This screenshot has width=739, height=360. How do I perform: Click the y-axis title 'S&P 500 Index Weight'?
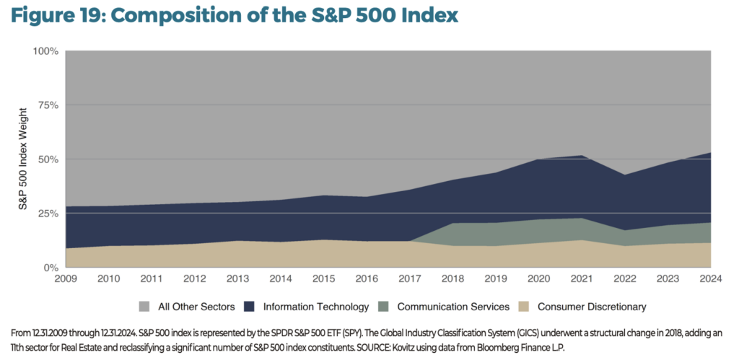tap(23, 159)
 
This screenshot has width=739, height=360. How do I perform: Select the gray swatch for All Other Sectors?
tap(144, 307)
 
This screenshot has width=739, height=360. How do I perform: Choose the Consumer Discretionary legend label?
tap(592, 307)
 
